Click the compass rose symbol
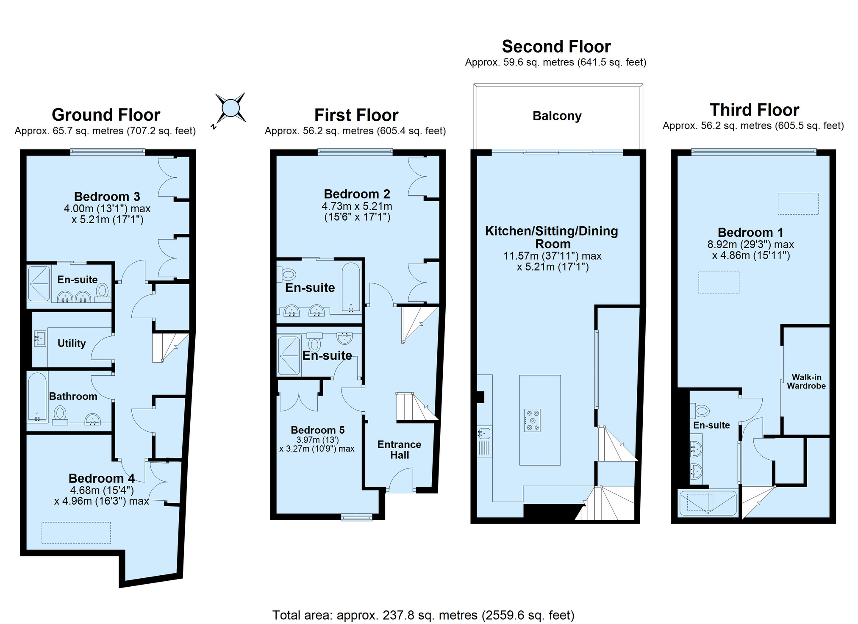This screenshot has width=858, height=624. pyautogui.click(x=230, y=108)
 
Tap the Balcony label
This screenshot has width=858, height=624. pyautogui.click(x=557, y=116)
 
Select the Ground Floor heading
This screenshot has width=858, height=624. pyautogui.click(x=106, y=115)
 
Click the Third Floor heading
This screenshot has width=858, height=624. pyautogui.click(x=754, y=110)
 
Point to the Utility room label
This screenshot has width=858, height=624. pyautogui.click(x=72, y=343)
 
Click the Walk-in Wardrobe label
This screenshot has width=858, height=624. pyautogui.click(x=806, y=382)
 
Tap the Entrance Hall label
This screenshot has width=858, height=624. pyautogui.click(x=399, y=449)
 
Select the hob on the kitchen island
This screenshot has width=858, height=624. pyautogui.click(x=532, y=420)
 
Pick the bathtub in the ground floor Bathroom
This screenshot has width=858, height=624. pyautogui.click(x=37, y=397)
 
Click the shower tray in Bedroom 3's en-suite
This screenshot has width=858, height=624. pyautogui.click(x=39, y=283)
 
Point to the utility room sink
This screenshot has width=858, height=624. pyautogui.click(x=40, y=338)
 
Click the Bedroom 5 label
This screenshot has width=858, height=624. pyautogui.click(x=318, y=430)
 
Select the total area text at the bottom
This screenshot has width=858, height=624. pyautogui.click(x=423, y=615)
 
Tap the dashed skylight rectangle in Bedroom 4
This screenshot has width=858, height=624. pyautogui.click(x=76, y=533)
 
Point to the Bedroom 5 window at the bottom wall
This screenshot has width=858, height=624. pyautogui.click(x=357, y=517)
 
